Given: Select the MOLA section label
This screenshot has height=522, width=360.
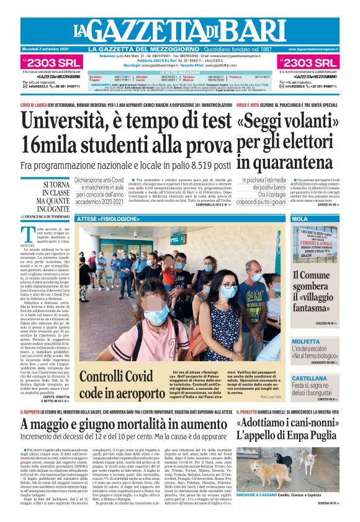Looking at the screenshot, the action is (x=300, y=219).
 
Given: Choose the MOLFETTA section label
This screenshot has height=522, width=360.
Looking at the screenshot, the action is (x=306, y=341).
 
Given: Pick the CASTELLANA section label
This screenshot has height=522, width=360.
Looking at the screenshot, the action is (x=309, y=378).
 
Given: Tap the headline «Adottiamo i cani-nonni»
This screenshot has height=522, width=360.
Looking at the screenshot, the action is (x=285, y=423).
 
